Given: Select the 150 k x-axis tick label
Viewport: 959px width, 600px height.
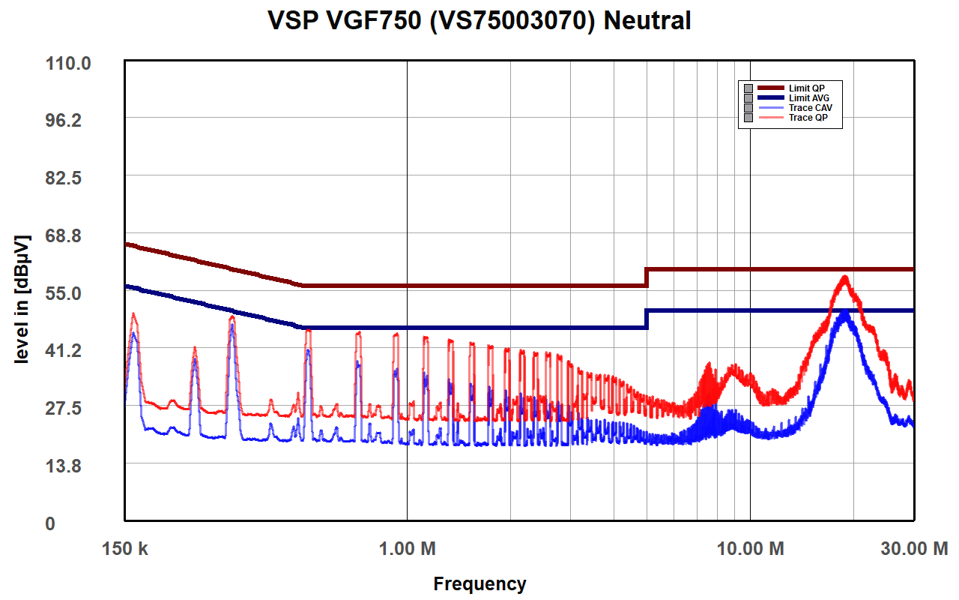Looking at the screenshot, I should pyautogui.click(x=125, y=549).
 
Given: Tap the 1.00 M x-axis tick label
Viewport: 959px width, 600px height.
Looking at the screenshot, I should pyautogui.click(x=407, y=549).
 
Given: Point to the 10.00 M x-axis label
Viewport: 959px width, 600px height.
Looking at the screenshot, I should pyautogui.click(x=751, y=549).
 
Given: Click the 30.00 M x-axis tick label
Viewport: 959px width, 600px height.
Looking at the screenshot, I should pyautogui.click(x=913, y=549).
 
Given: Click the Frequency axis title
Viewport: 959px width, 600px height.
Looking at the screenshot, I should pyautogui.click(x=479, y=584).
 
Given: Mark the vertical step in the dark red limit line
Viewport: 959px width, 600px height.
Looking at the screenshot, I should pyautogui.click(x=647, y=277).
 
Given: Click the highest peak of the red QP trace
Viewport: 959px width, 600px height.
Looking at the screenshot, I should pyautogui.click(x=845, y=277).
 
